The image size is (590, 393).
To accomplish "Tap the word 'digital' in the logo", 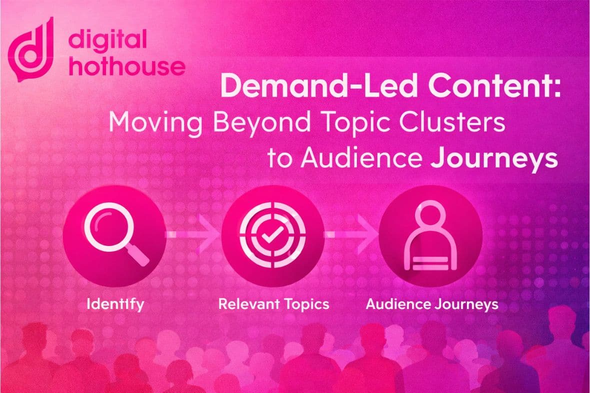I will point(108,40).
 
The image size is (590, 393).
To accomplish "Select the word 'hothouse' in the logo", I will point(127,66).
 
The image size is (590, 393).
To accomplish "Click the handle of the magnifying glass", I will point(139,255).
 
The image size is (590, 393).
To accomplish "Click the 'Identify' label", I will point(114,304).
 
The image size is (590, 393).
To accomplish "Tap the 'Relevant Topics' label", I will point(274,304).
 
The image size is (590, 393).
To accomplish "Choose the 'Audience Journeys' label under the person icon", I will point(432,304).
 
